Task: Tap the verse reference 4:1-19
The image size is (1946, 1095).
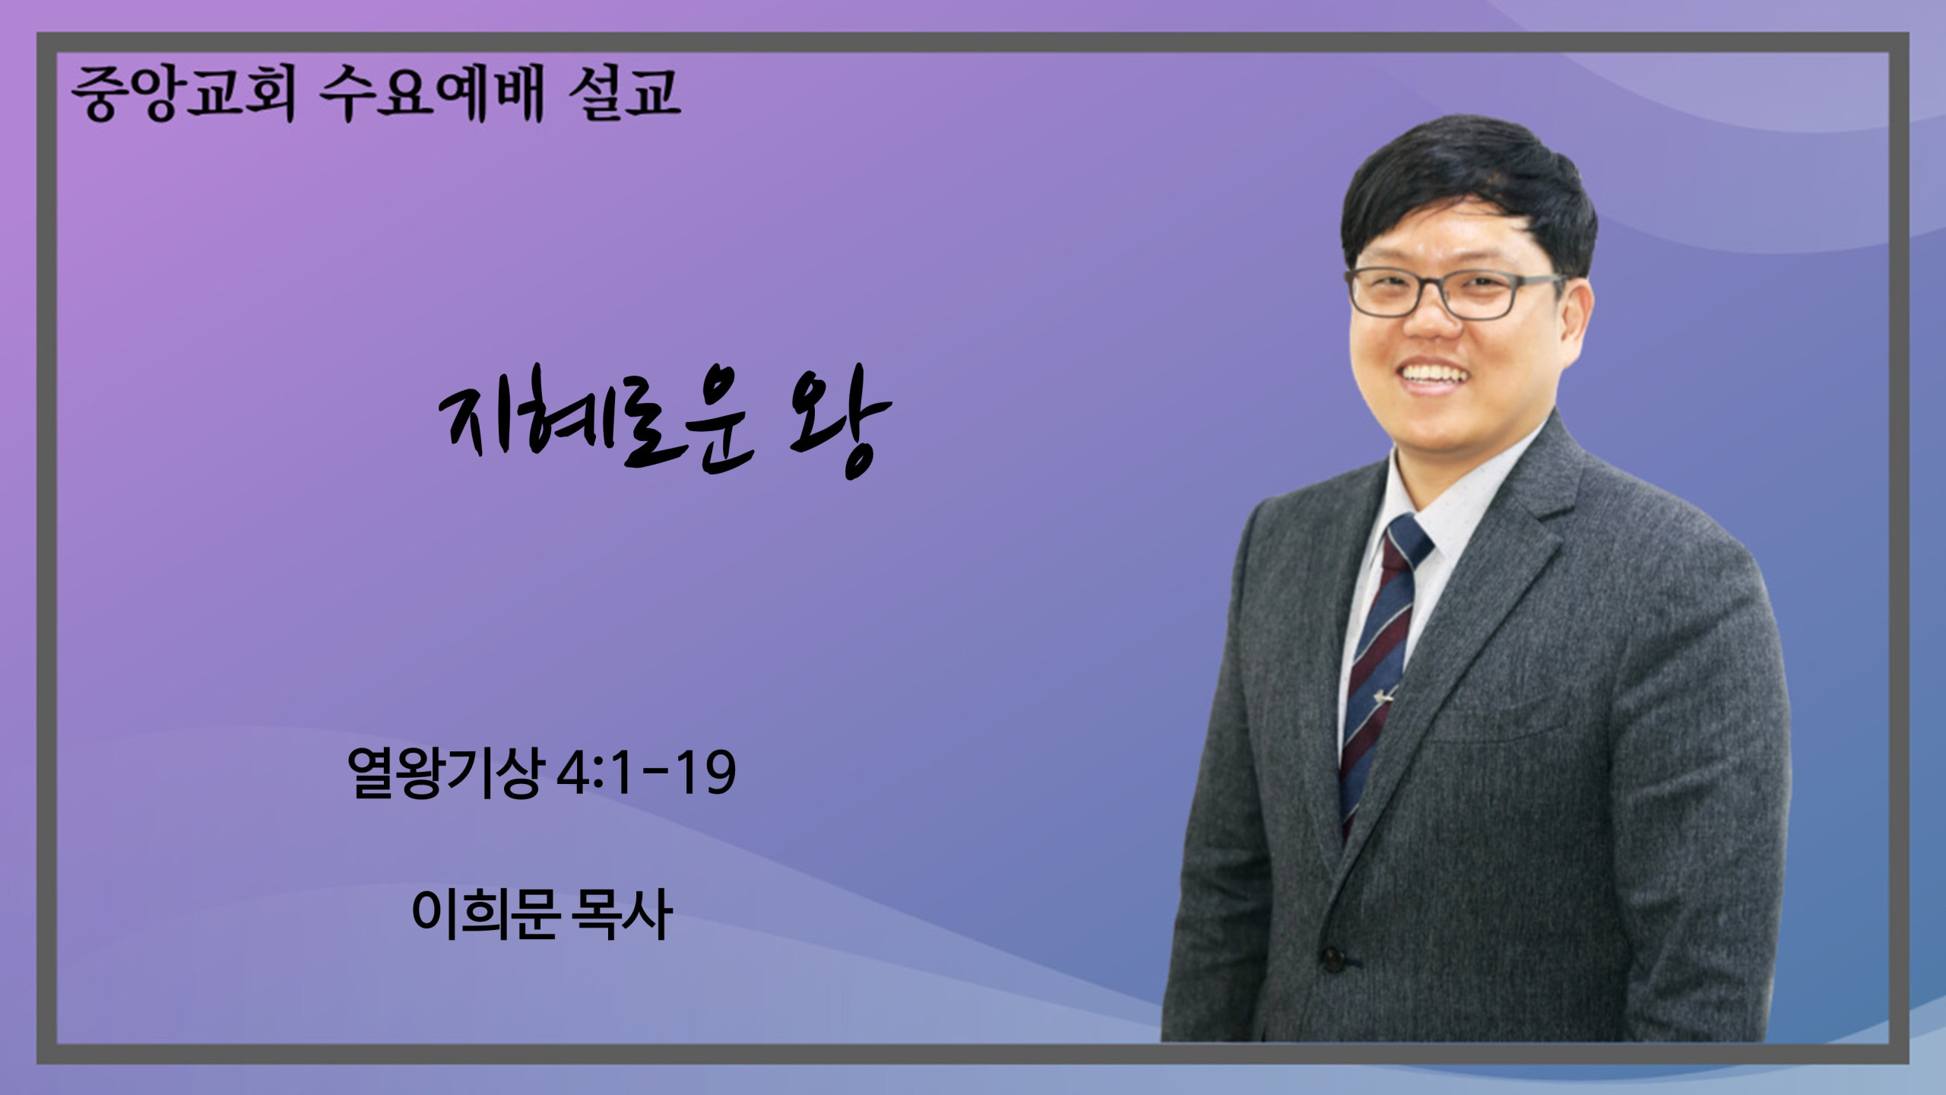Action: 646,773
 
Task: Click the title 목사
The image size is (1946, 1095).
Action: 624,913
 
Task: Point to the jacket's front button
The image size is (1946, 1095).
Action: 1333,960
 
